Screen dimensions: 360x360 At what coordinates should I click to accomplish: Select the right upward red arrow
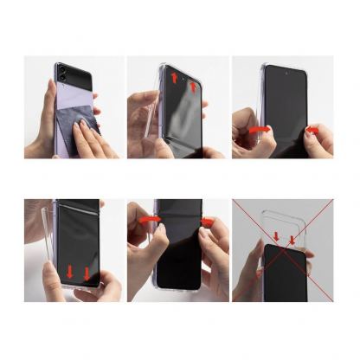click(193, 87)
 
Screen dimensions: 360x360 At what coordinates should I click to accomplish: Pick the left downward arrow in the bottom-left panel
click(70, 273)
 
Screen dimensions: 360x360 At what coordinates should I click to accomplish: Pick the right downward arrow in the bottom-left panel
click(87, 275)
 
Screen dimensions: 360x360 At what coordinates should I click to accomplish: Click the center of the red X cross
click(283, 251)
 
